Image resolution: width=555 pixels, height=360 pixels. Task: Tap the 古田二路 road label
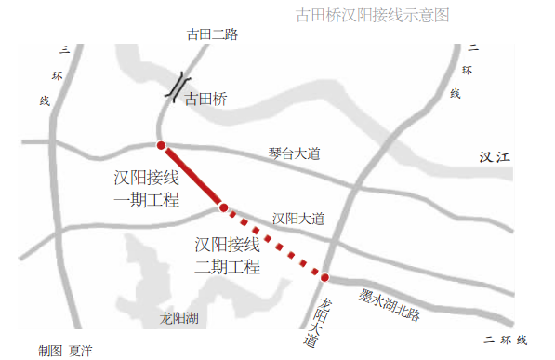[212, 34]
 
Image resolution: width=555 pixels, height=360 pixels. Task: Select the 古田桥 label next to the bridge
[205, 98]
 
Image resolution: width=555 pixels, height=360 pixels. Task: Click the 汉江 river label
[496, 157]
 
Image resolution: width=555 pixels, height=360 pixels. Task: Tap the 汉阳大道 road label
[298, 219]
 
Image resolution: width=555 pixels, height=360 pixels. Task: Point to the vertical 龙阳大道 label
[324, 323]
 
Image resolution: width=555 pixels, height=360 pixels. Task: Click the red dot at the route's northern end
[162, 146]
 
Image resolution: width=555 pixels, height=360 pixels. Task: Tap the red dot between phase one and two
[223, 207]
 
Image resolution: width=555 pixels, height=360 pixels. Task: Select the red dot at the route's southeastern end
[325, 277]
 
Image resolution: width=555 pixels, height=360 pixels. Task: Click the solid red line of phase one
[192, 177]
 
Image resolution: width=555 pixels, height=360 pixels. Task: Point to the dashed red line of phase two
[274, 243]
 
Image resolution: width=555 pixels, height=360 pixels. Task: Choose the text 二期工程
[227, 268]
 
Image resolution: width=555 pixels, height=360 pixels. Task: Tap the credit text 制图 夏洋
[65, 351]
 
